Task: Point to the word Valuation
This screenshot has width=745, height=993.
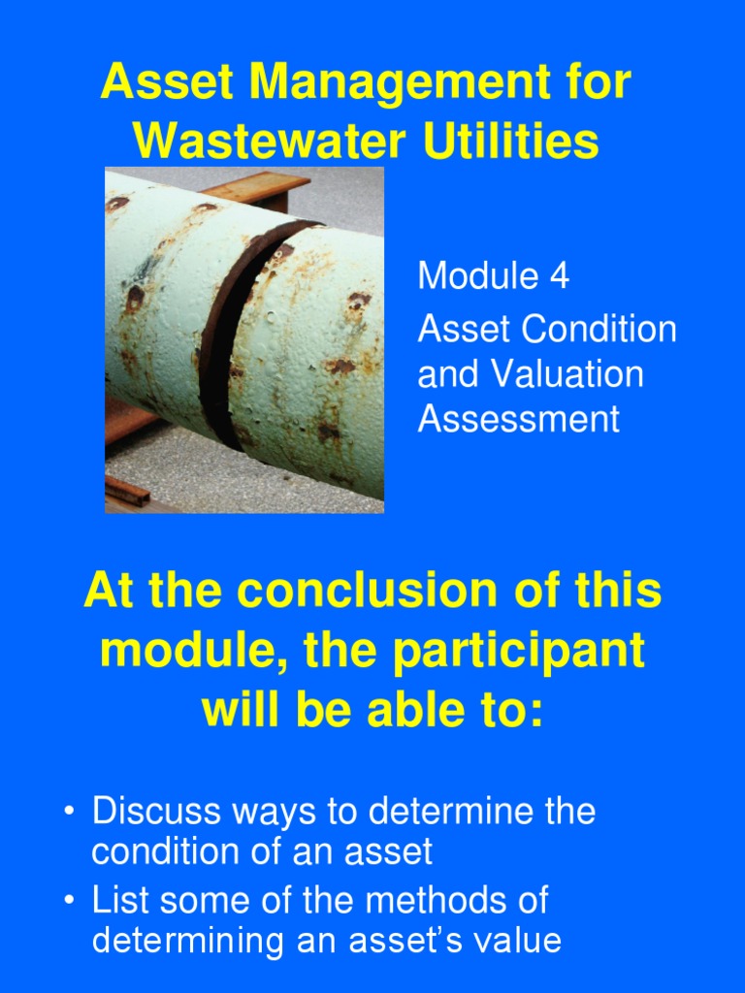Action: (561, 375)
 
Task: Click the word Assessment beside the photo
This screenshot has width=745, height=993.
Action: (518, 420)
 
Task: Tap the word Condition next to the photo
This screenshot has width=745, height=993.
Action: (599, 330)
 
